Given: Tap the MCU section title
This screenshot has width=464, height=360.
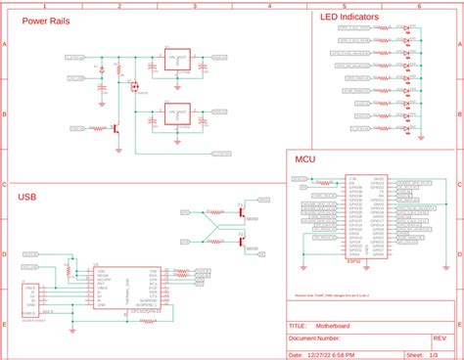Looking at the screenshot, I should (304, 157).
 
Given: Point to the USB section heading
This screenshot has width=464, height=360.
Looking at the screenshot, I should (28, 197).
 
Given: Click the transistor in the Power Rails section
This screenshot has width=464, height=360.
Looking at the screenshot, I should (116, 127).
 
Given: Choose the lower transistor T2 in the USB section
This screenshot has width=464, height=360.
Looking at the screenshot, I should (240, 240).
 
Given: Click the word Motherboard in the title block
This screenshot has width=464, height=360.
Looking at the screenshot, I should (333, 327).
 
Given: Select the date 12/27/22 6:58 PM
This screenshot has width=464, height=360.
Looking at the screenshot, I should (331, 355).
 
